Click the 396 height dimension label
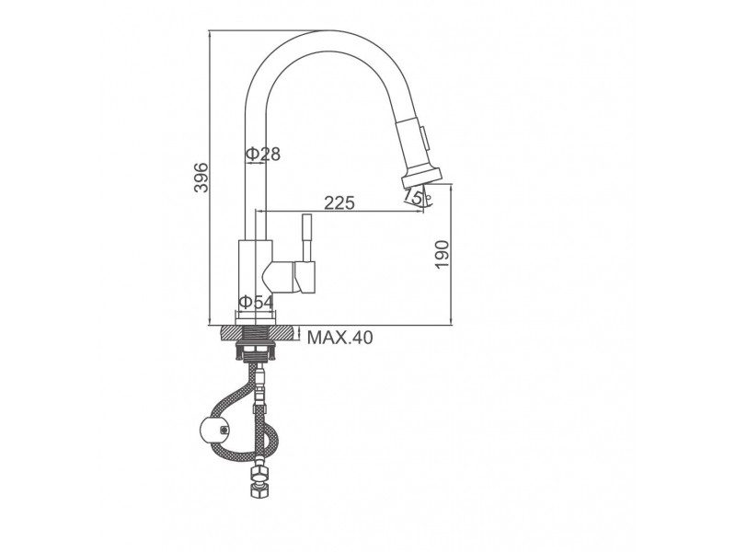tap(201, 178)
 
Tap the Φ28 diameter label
tap(263, 154)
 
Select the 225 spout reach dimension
tap(339, 202)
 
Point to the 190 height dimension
tap(443, 254)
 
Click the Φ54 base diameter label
tap(256, 302)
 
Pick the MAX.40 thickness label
tap(339, 337)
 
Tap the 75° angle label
tap(414, 196)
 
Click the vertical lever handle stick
tap(306, 238)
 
